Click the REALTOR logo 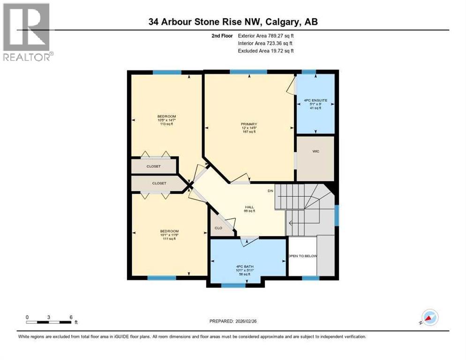click(27, 32)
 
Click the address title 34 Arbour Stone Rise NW click(233, 22)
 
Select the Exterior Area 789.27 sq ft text click(266, 36)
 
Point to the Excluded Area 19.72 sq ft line click(265, 51)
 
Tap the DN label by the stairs click(270, 191)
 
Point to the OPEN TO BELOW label click(302, 256)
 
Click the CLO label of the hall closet click(218, 228)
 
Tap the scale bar click(49, 322)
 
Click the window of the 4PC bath click(233, 285)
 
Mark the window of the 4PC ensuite click(308, 72)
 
